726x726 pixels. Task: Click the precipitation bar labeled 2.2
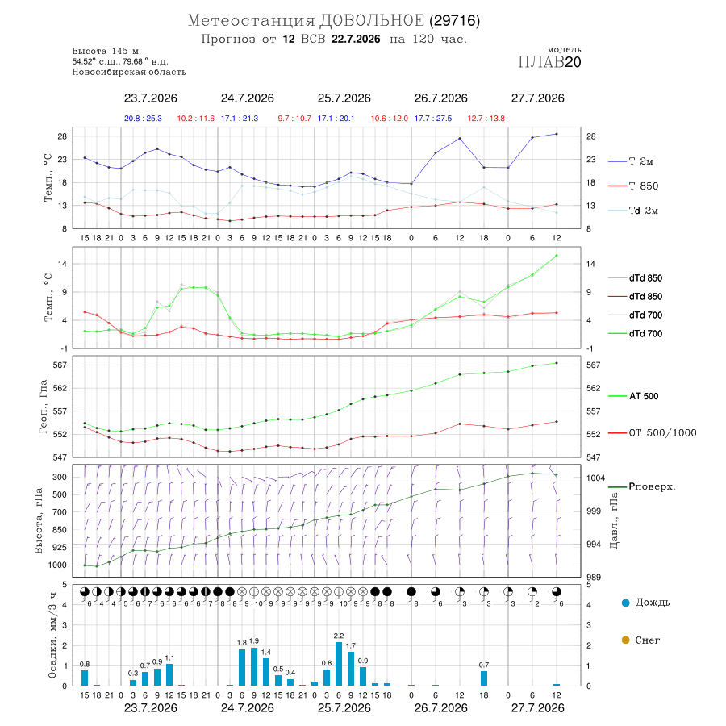point(339,664)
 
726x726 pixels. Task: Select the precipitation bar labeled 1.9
point(254,667)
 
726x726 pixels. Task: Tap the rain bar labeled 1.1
point(169,674)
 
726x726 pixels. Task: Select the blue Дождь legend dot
point(625,603)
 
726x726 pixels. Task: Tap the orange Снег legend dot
point(625,640)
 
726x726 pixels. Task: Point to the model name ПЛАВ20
point(549,62)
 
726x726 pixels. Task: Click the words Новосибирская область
point(129,72)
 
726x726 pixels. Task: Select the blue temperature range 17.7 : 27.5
point(433,119)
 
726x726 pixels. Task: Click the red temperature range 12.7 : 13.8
point(486,119)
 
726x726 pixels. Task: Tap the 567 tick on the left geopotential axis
point(60,365)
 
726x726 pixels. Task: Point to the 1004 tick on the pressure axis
point(595,478)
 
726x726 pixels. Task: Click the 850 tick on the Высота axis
point(59,530)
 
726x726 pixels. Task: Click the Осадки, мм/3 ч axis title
point(52,636)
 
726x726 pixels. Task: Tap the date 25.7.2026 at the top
point(344,98)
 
